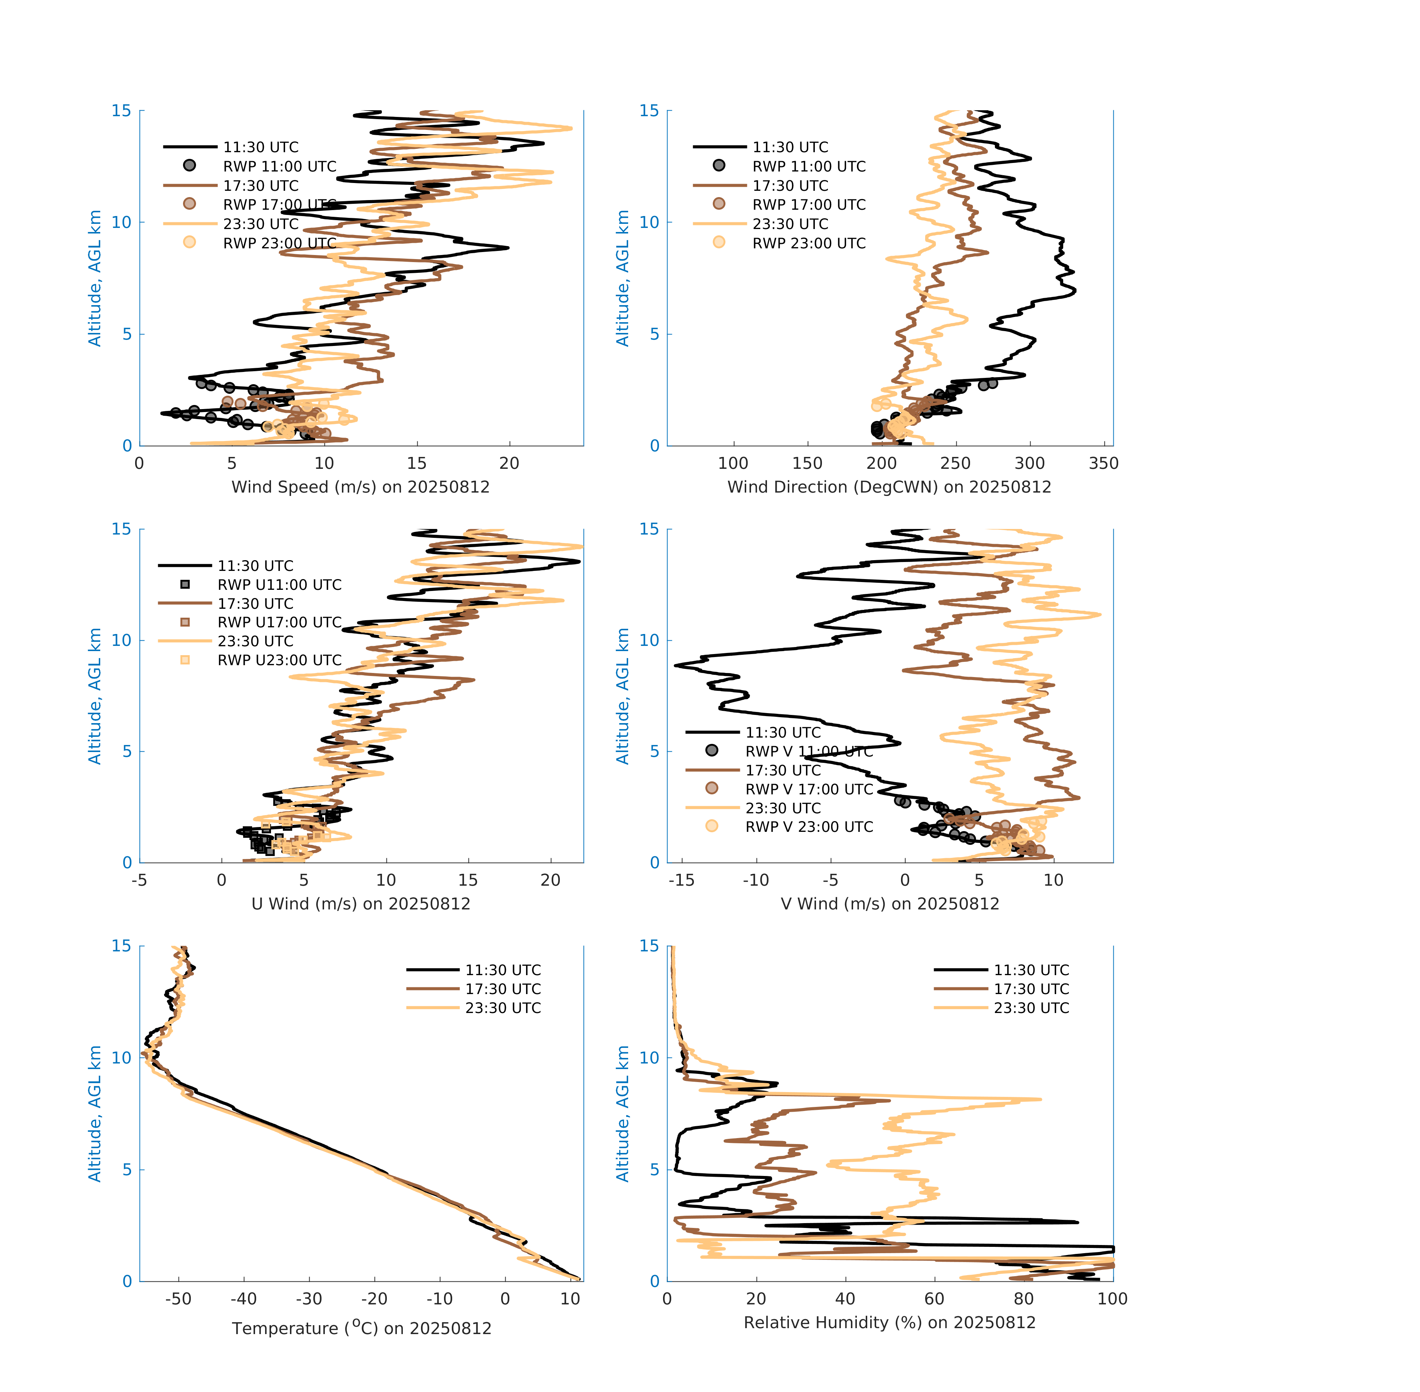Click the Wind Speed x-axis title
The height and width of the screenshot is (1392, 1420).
point(360,487)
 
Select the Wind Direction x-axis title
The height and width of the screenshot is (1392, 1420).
point(889,487)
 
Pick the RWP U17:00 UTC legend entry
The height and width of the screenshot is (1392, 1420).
point(279,622)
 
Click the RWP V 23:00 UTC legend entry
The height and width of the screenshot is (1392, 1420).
point(809,827)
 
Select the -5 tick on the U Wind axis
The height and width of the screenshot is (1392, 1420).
point(139,880)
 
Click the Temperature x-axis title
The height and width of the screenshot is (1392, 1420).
point(361,1329)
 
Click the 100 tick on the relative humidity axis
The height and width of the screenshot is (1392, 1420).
point(1112,1299)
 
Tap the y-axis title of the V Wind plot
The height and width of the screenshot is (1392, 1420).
point(622,696)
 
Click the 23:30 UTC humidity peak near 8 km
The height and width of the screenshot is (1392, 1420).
point(1040,1099)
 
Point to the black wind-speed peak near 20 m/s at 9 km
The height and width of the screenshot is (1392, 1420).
point(507,248)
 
